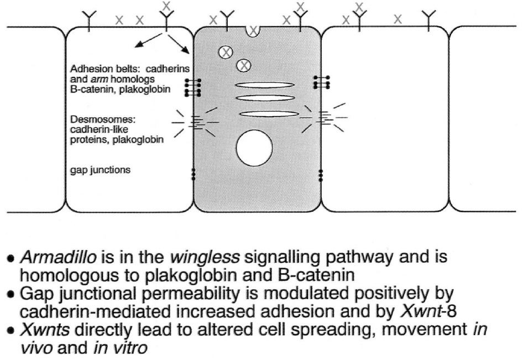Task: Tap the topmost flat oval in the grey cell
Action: coord(259,85)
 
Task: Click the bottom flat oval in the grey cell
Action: coord(259,114)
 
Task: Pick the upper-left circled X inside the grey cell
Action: coord(225,53)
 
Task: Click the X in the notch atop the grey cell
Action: coord(253,31)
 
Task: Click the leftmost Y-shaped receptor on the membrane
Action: coord(89,19)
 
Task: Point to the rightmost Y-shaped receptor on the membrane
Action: coord(428,19)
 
